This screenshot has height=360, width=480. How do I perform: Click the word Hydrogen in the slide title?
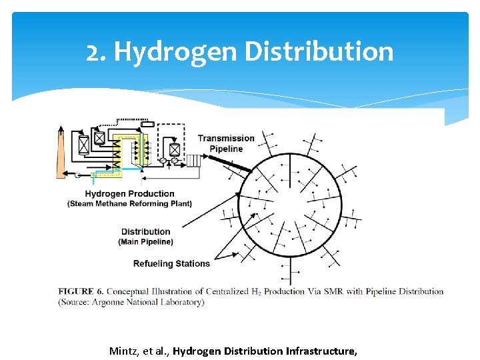(x=175, y=52)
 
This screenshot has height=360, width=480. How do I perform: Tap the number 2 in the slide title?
(x=93, y=52)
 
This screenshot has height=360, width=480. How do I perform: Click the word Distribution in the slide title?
(x=319, y=52)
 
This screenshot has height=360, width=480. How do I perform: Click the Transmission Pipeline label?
(x=226, y=143)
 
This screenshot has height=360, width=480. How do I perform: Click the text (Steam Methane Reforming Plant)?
(x=129, y=203)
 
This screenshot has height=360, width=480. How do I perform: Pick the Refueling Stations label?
(x=171, y=263)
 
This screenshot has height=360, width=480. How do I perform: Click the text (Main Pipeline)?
(x=145, y=241)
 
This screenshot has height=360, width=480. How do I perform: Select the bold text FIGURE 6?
(x=80, y=291)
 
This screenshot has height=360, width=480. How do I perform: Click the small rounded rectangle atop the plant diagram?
(x=147, y=124)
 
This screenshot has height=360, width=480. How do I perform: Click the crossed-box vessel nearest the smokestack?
(x=84, y=145)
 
